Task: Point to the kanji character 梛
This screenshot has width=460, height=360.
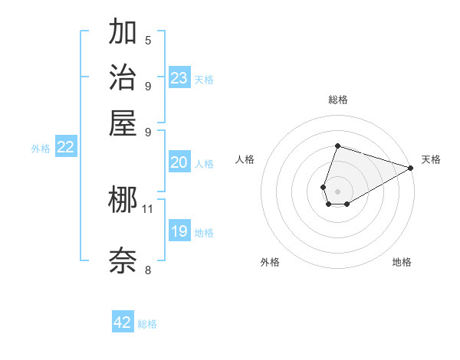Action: tap(123, 201)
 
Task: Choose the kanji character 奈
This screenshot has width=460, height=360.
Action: tap(123, 260)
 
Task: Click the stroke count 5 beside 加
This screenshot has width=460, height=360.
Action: tap(148, 40)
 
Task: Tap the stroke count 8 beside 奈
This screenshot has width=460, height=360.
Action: tap(148, 269)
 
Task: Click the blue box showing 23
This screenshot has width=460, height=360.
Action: tap(179, 77)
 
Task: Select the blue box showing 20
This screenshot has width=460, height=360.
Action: tap(179, 162)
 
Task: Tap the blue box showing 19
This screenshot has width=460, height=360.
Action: tap(179, 231)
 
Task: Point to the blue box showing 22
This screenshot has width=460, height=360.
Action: tap(65, 148)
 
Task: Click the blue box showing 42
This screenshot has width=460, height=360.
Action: tap(123, 322)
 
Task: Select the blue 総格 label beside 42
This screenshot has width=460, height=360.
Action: tap(147, 324)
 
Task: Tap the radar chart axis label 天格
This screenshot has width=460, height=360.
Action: tap(431, 159)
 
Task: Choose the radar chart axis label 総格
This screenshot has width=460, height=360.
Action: tap(337, 100)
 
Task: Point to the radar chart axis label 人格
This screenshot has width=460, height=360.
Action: tap(245, 159)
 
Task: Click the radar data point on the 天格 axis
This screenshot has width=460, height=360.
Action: tap(411, 167)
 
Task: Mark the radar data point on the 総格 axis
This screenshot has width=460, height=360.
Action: tap(337, 146)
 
